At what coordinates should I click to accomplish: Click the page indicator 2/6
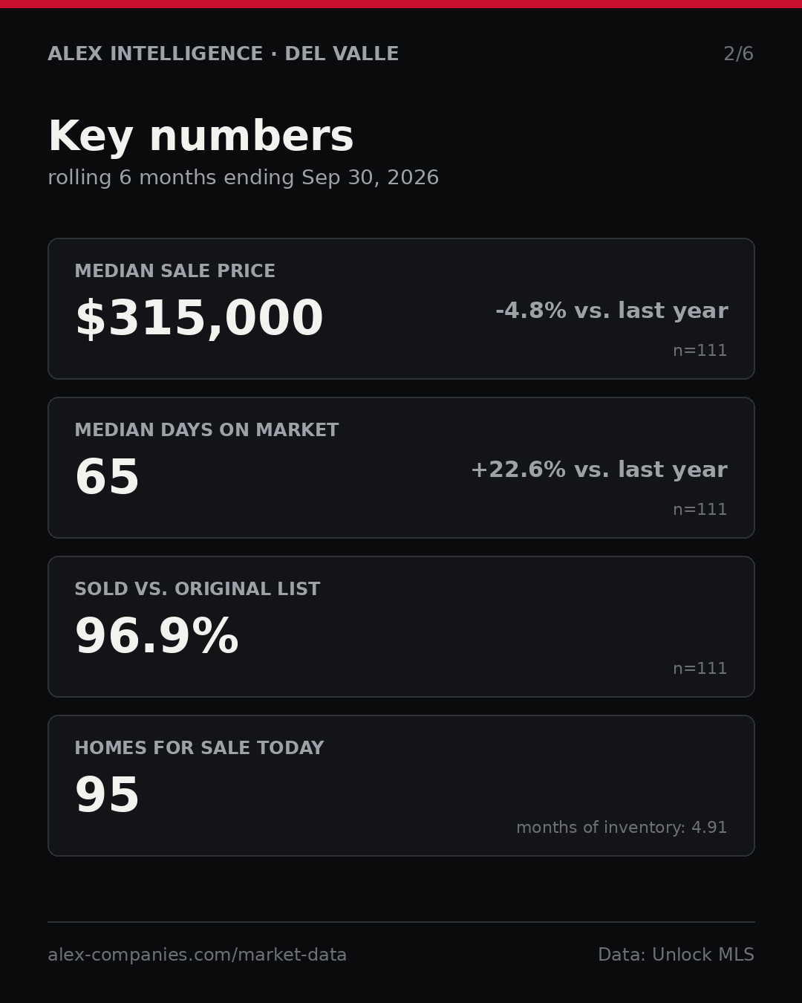(738, 53)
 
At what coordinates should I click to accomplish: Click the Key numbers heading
(200, 136)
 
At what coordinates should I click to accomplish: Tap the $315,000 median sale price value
(199, 318)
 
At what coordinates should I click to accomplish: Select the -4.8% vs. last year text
(611, 311)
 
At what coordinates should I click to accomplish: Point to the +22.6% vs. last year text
(599, 470)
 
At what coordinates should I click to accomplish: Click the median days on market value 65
(107, 476)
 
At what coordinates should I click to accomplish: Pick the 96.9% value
(157, 636)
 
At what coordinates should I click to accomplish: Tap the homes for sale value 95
(107, 795)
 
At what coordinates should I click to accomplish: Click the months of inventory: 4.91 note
(622, 827)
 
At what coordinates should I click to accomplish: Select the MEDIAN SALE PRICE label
(175, 270)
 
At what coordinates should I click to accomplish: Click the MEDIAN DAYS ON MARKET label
(206, 429)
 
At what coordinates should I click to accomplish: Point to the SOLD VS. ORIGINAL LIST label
(197, 588)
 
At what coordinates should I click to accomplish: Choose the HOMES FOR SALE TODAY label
(199, 747)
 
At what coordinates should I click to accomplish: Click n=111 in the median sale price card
(700, 351)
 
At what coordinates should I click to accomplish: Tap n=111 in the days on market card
(700, 510)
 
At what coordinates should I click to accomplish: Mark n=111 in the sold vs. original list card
(700, 669)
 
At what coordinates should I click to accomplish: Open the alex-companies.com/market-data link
(197, 955)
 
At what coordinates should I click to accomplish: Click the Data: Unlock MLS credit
(677, 955)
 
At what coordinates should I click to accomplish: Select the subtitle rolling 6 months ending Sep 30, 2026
(244, 178)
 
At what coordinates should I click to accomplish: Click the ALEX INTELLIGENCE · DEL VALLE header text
(224, 53)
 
